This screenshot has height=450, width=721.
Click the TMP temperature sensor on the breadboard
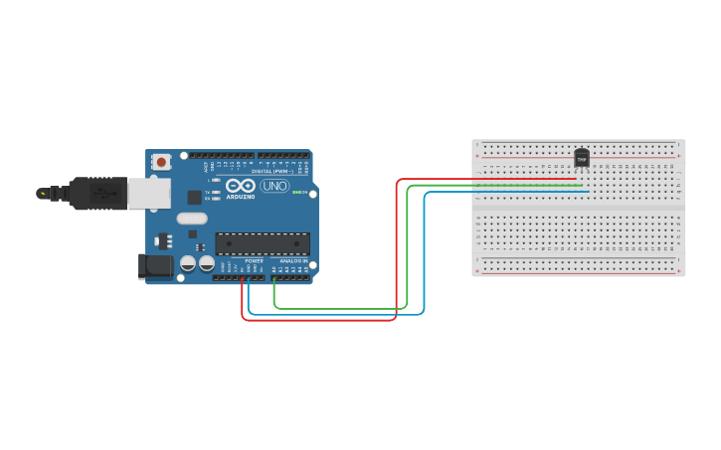pos(582,158)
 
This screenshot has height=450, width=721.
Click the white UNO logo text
pos(274,186)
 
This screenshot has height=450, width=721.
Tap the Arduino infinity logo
pos(240,186)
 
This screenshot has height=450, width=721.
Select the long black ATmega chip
pos(263,243)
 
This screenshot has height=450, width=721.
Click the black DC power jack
pos(155,265)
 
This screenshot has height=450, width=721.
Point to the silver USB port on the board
pos(149,194)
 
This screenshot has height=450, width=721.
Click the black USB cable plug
pos(98,194)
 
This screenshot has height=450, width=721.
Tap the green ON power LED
pos(295,192)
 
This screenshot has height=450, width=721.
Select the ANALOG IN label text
pos(293,260)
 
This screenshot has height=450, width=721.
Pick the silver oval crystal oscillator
pos(192,219)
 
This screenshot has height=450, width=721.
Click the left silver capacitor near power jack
pos(188,263)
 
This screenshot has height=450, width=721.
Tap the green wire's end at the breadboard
pos(583,186)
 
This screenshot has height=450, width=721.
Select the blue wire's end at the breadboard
pos(589,192)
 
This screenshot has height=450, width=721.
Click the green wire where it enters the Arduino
pos(274,280)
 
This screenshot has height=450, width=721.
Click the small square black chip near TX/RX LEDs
pos(194,198)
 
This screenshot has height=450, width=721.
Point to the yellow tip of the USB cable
pos(42,194)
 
